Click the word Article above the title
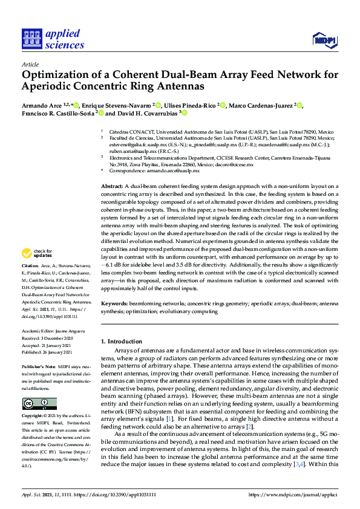tap(30, 64)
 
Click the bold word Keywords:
tap(114, 303)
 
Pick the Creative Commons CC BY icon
tap(39, 404)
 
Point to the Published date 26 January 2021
tap(61, 351)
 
